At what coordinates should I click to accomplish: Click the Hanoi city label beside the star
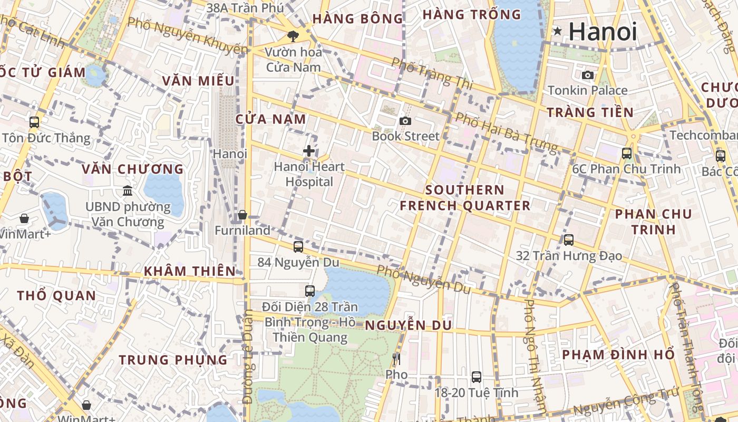tap(603, 32)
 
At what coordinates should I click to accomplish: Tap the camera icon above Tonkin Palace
tap(588, 75)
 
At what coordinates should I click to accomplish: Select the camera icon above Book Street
tap(405, 121)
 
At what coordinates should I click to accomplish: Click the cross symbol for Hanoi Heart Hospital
tap(309, 151)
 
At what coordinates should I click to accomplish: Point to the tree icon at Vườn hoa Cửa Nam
tap(293, 36)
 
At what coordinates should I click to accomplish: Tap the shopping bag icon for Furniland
tap(242, 215)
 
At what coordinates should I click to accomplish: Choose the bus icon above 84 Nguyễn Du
tap(298, 246)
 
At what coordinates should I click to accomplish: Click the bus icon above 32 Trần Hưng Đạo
tap(569, 240)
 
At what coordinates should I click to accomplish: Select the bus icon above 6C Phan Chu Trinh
tap(627, 154)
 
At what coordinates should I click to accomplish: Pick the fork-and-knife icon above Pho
tap(396, 359)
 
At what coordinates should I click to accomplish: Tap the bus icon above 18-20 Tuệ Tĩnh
tap(477, 377)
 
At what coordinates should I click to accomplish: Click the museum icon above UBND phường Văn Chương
tap(128, 190)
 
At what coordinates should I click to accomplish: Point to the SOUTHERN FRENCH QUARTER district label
tap(465, 198)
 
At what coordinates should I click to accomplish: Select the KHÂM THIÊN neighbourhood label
tap(190, 271)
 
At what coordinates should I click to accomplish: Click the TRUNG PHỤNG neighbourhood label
tap(173, 360)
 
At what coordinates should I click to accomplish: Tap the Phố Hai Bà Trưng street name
tap(506, 132)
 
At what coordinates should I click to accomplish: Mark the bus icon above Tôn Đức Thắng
tap(34, 122)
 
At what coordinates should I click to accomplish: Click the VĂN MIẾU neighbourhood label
tap(198, 81)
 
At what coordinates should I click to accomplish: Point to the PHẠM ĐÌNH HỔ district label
tap(618, 354)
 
